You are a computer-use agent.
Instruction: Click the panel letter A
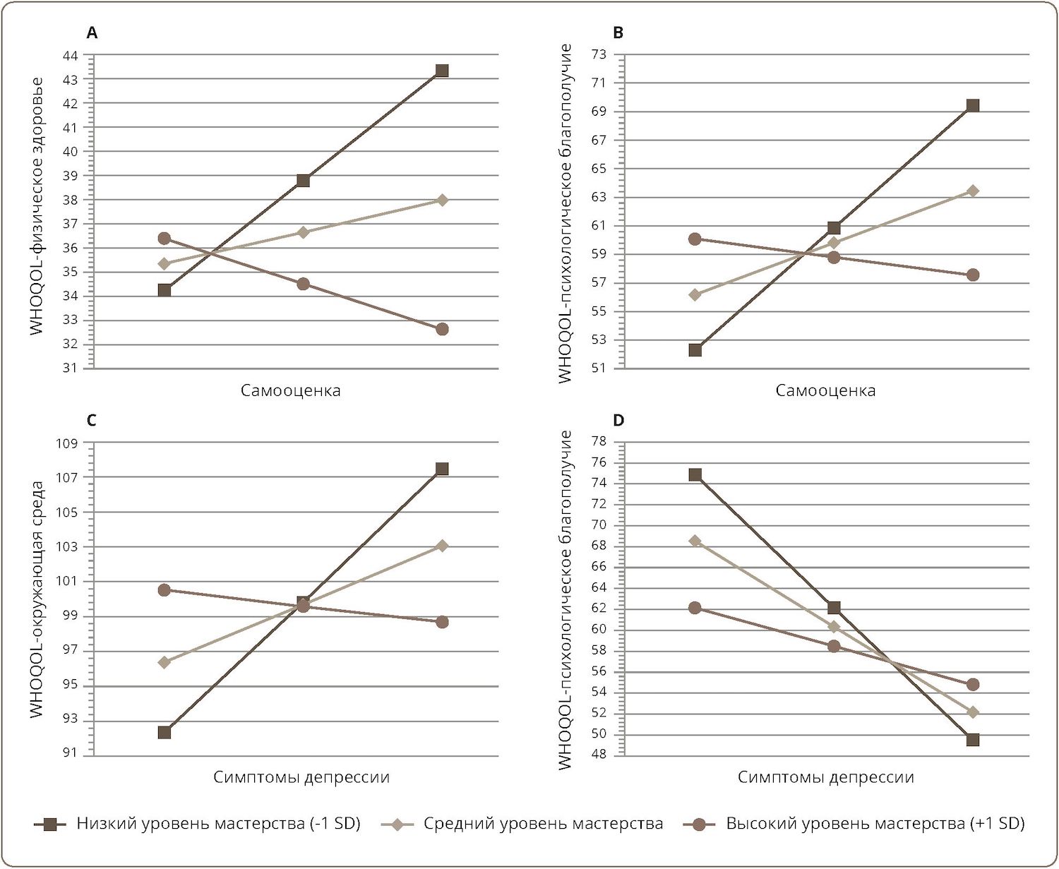pyautogui.click(x=91, y=32)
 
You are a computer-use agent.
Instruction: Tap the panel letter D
pyautogui.click(x=618, y=421)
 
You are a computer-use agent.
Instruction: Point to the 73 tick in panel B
pyautogui.click(x=599, y=54)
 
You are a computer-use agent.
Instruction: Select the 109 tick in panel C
pyautogui.click(x=69, y=443)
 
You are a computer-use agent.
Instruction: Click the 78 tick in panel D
pyautogui.click(x=599, y=442)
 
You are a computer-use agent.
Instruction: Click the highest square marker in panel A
pyautogui.click(x=442, y=71)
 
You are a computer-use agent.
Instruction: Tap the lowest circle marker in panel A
pyautogui.click(x=442, y=329)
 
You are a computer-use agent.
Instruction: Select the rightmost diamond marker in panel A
pyautogui.click(x=442, y=200)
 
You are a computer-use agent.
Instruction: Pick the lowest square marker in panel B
pyautogui.click(x=695, y=350)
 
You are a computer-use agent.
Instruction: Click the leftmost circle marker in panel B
pyautogui.click(x=695, y=239)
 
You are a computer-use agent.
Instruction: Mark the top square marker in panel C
pyautogui.click(x=442, y=469)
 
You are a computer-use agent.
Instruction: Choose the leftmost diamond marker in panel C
pyautogui.click(x=164, y=662)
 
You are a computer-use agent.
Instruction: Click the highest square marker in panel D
pyautogui.click(x=695, y=475)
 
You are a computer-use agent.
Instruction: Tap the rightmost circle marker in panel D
pyautogui.click(x=973, y=684)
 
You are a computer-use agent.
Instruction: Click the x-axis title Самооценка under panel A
pyautogui.click(x=290, y=391)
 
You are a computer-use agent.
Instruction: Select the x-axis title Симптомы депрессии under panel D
pyautogui.click(x=825, y=778)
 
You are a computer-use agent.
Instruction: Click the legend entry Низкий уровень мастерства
pyautogui.click(x=218, y=824)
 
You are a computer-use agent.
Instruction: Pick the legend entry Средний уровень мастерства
pyautogui.click(x=543, y=824)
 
